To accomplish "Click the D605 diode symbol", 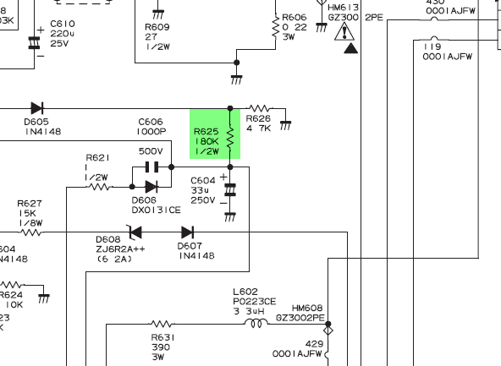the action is [x=37, y=108].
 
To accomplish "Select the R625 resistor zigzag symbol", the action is [x=230, y=137].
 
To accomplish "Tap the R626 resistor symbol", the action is [x=261, y=108].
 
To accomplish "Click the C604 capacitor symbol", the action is [x=230, y=189].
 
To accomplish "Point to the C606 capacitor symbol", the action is [x=151, y=167].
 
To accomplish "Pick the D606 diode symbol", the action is [x=151, y=187].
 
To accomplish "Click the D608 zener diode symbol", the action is [x=135, y=232].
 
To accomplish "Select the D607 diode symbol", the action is [x=188, y=232].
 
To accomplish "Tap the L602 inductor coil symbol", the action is [x=256, y=324].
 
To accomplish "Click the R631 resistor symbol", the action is [x=162, y=325].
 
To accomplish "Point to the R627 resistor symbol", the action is [x=31, y=232].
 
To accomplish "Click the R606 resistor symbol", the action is [x=275, y=27].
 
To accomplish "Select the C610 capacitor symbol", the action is [x=34, y=43].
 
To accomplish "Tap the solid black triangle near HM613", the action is [x=351, y=48].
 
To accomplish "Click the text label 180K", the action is [x=206, y=141].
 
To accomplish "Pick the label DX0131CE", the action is [x=157, y=210].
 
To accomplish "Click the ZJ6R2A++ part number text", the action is [x=120, y=249].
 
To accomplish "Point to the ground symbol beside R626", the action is [x=286, y=125].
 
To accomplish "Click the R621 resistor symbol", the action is [x=100, y=187].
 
